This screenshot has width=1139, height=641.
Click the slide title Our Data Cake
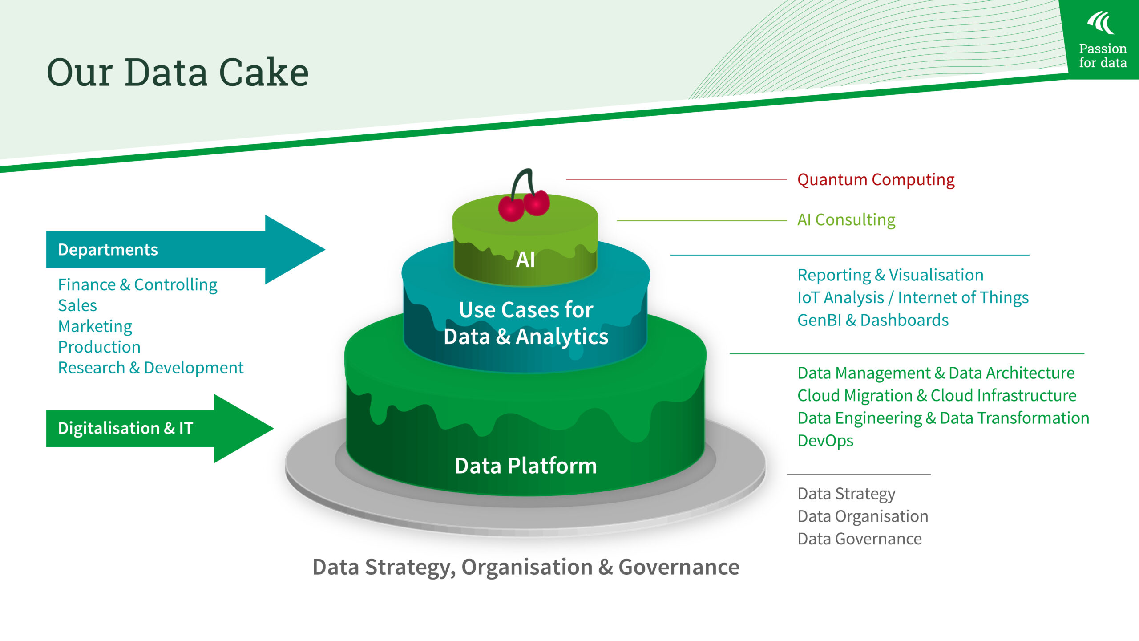tap(178, 72)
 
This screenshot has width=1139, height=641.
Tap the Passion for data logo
tap(1103, 40)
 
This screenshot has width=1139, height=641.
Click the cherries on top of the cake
tap(524, 204)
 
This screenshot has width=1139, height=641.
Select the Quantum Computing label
tap(876, 180)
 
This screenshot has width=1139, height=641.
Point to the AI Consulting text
tap(846, 220)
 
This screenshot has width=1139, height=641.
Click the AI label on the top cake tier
tap(525, 260)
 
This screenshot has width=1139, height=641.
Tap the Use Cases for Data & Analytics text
tap(526, 323)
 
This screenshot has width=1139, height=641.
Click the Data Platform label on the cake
tap(525, 466)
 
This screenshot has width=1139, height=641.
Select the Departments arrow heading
tap(108, 250)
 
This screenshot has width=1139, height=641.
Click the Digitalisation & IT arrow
tap(125, 428)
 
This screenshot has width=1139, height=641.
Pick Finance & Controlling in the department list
tap(137, 285)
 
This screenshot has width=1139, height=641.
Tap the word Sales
tap(77, 306)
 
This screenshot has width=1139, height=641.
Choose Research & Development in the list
tap(150, 368)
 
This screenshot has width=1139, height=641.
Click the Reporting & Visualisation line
tap(890, 275)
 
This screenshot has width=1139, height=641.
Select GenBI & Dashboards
tap(872, 320)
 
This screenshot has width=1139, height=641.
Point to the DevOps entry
tap(825, 441)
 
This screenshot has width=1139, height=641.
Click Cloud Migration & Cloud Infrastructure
tap(937, 396)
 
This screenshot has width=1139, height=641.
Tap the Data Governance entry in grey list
tap(860, 539)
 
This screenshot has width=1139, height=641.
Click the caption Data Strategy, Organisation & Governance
tap(526, 568)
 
